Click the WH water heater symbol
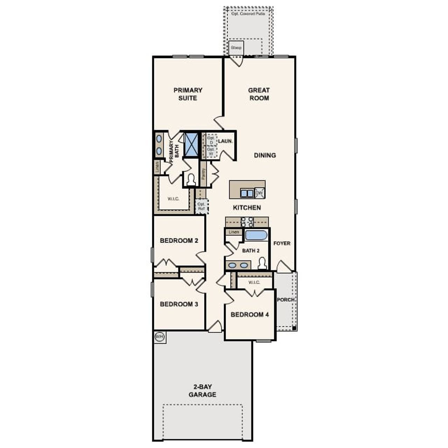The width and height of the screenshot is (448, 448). pyautogui.click(x=160, y=337)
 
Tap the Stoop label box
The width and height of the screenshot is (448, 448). pyautogui.click(x=236, y=48)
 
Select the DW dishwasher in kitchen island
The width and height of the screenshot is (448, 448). pyautogui.click(x=259, y=193)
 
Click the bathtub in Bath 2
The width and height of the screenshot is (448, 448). pyautogui.click(x=256, y=235)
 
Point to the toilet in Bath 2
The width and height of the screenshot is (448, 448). pyautogui.click(x=262, y=263)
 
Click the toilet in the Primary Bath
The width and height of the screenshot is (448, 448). pyautogui.click(x=191, y=180)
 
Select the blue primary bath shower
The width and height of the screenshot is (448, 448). pyautogui.click(x=191, y=144)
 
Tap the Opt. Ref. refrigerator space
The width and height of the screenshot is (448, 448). pyautogui.click(x=201, y=206)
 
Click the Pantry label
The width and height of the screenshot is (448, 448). pyautogui.click(x=203, y=174)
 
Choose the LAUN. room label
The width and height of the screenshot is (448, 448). pyautogui.click(x=225, y=141)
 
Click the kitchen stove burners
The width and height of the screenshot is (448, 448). pyautogui.click(x=247, y=222)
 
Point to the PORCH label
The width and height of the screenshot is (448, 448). pyautogui.click(x=286, y=300)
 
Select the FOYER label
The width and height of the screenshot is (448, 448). pyautogui.click(x=282, y=243)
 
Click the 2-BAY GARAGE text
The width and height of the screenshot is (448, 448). pyautogui.click(x=202, y=391)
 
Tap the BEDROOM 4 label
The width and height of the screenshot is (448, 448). pyautogui.click(x=250, y=315)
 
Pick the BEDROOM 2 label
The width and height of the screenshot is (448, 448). pyautogui.click(x=179, y=241)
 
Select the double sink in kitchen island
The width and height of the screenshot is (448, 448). pyautogui.click(x=247, y=193)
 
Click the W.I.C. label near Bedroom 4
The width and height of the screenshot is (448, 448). pyautogui.click(x=254, y=282)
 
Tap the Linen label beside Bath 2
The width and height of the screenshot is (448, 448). pyautogui.click(x=234, y=232)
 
